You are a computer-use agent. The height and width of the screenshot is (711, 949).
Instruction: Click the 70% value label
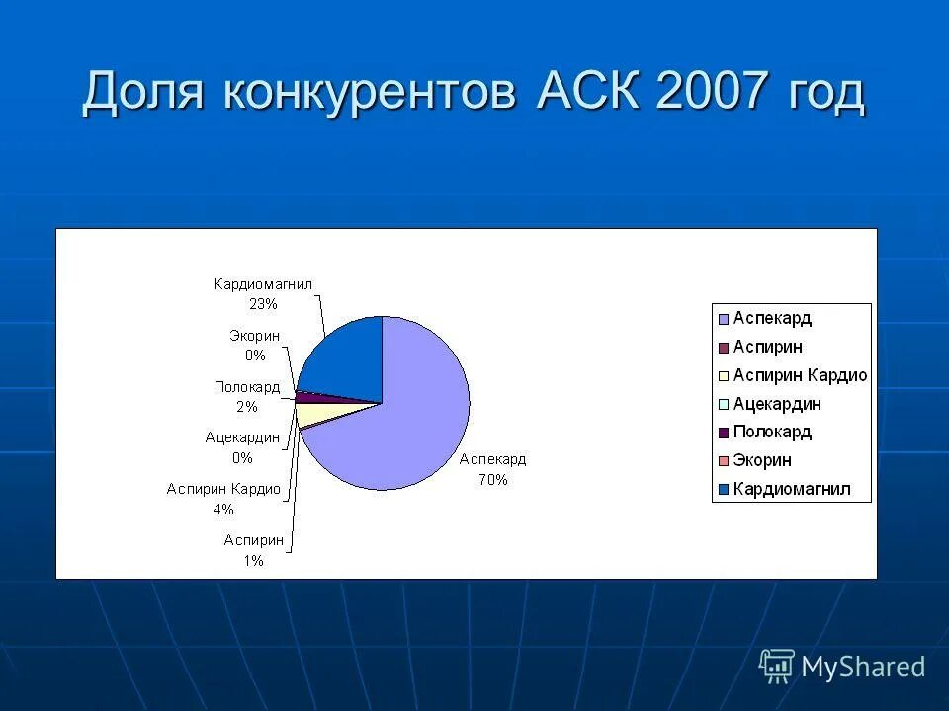coord(493,480)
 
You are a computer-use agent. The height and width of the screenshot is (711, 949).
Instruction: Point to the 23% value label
coord(263,303)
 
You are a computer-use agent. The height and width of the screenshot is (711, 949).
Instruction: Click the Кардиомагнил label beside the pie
coord(263,284)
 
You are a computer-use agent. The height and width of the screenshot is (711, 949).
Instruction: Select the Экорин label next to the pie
coord(255,336)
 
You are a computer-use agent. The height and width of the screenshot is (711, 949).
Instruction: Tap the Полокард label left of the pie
coord(247,387)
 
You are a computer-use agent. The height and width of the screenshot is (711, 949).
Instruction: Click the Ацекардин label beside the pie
coord(242,438)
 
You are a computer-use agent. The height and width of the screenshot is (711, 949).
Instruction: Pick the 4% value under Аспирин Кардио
coord(223,510)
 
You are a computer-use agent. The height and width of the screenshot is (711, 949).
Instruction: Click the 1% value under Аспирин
coord(253,560)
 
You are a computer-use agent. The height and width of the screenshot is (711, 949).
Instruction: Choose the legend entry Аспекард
coord(772,318)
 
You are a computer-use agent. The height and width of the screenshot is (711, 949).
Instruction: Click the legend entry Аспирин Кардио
coord(800,375)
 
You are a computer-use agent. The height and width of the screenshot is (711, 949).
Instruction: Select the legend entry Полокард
coord(772,433)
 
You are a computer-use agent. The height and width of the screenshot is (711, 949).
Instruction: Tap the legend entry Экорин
coord(762,461)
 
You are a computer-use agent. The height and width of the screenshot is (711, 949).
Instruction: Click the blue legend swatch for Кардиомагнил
coord(723,490)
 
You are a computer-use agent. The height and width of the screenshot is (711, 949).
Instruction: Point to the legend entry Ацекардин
coord(776,404)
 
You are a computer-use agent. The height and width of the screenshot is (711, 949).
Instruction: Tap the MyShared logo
coord(842,667)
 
